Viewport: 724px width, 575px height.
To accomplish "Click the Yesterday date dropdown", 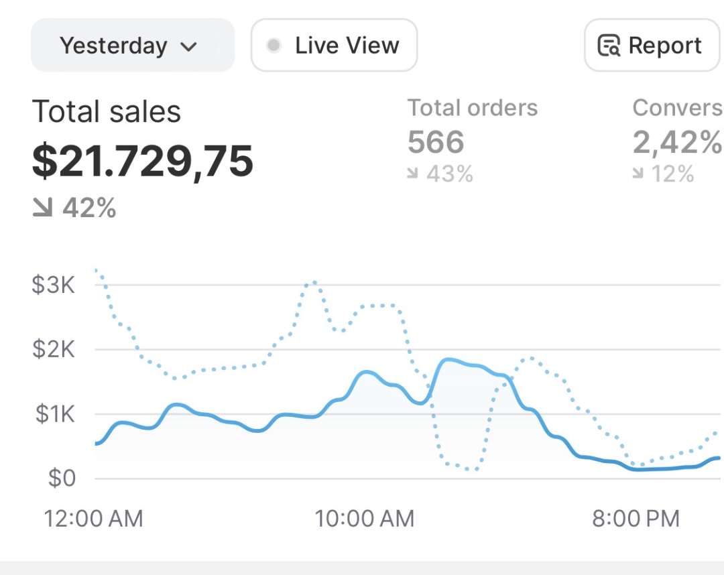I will (132, 46).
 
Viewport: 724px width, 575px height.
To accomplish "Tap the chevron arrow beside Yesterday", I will (189, 47).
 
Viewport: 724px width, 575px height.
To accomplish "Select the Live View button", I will (334, 46).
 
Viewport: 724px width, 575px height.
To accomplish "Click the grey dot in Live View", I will (274, 46).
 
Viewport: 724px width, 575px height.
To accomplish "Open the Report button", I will (651, 46).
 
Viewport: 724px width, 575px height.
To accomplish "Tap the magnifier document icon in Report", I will (609, 46).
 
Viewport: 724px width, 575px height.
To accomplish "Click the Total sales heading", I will (107, 112).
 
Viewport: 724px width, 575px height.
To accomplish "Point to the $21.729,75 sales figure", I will (143, 161).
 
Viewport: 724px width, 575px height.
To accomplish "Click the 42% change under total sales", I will (88, 208).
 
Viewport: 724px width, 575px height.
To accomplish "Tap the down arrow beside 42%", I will (42, 208).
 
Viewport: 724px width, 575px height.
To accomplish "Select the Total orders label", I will (473, 108).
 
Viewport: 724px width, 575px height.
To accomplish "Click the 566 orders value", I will (436, 142).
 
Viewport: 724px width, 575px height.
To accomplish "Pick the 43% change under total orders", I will (449, 174).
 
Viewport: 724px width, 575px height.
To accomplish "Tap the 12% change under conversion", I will (670, 174).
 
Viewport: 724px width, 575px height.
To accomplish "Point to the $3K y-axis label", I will (54, 285).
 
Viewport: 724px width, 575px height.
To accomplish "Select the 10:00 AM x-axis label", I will (365, 518).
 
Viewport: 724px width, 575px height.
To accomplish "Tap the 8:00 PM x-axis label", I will (636, 518).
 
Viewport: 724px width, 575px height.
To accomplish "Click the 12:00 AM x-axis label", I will (93, 518).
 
